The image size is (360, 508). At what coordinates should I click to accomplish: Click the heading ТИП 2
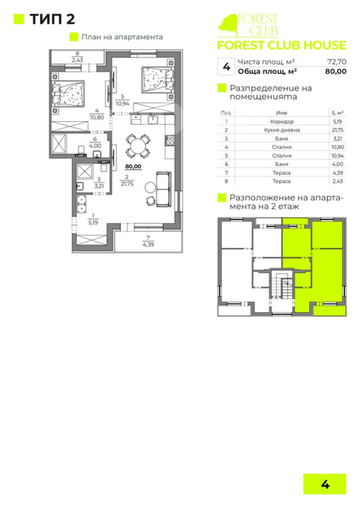(52, 19)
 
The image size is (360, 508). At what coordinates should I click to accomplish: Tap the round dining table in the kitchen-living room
(138, 146)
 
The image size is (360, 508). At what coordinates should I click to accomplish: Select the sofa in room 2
(163, 189)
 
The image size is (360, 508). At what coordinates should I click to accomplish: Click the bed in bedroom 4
(68, 93)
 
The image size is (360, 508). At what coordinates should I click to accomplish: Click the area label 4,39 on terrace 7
(148, 245)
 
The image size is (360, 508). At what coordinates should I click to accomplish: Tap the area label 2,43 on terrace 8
(77, 60)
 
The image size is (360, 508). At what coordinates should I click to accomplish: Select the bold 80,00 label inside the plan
(133, 167)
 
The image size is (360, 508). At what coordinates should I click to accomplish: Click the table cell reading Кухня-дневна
(282, 130)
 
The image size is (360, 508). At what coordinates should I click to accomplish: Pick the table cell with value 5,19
(338, 122)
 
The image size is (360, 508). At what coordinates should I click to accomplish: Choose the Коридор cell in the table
(282, 122)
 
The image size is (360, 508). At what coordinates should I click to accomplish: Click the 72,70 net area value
(337, 62)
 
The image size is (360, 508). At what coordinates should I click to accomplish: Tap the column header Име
(282, 113)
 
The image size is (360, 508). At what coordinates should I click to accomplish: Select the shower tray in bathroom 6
(59, 143)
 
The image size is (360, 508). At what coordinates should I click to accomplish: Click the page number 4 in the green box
(325, 485)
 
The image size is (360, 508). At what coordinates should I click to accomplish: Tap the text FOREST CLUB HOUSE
(282, 45)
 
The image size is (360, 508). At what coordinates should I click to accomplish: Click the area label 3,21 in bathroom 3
(99, 186)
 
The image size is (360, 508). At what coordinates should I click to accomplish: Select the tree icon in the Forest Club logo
(228, 25)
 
